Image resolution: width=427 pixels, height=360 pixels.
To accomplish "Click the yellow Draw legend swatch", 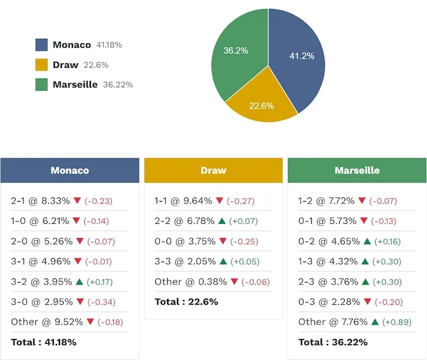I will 41,65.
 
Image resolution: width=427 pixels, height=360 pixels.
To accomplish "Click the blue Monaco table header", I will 70,170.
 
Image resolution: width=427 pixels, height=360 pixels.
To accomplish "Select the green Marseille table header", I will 357,170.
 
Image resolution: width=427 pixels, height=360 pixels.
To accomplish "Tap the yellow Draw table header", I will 213,170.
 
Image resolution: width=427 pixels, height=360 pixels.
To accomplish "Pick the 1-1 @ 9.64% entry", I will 183,201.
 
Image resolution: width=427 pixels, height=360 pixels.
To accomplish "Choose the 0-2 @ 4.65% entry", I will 327,241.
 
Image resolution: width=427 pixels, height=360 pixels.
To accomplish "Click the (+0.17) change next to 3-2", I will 100,282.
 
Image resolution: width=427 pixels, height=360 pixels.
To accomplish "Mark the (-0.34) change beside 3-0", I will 101,302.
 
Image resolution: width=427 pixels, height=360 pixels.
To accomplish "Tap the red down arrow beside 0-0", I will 219,241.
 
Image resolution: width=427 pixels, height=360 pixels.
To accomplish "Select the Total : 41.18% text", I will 43,342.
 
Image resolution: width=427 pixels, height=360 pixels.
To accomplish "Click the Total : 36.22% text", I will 333,342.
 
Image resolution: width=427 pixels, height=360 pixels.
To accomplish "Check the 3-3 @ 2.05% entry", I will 183,262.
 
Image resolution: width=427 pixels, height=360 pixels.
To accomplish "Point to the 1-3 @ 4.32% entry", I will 327,262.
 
